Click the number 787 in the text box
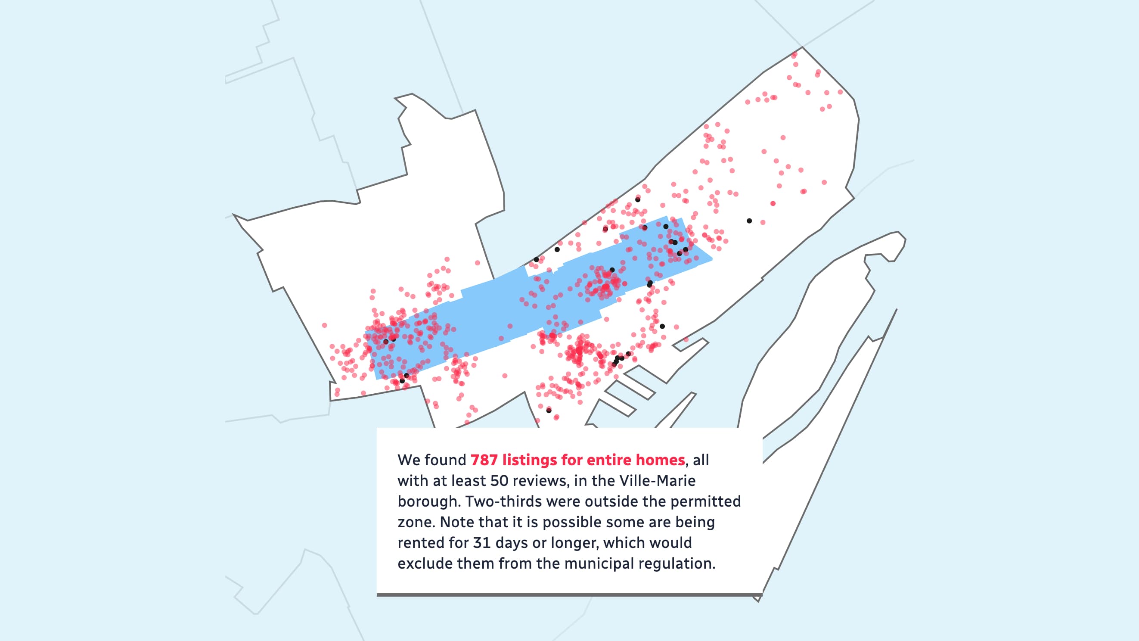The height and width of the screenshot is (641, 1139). click(x=484, y=460)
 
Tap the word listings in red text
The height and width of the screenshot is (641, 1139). click(x=529, y=460)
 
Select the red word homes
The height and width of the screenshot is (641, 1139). click(x=660, y=460)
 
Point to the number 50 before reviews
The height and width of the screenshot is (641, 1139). click(x=499, y=481)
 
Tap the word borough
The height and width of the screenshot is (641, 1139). click(x=428, y=502)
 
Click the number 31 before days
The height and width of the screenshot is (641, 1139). click(x=482, y=543)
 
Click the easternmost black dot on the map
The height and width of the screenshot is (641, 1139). click(x=749, y=221)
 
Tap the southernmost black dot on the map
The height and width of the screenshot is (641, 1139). click(x=549, y=411)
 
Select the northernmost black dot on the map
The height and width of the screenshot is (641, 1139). click(x=638, y=199)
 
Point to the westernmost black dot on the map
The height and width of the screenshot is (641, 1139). click(x=385, y=342)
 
